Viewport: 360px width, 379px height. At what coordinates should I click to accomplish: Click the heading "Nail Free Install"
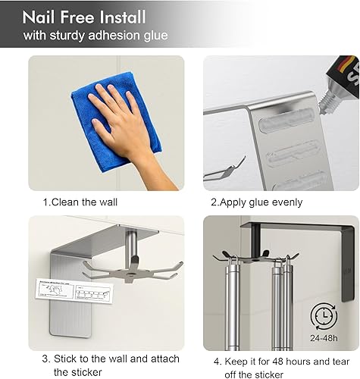click(84, 17)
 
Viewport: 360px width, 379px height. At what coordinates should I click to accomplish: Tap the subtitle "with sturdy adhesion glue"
click(95, 36)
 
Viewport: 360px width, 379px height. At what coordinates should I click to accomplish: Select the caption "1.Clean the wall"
click(80, 202)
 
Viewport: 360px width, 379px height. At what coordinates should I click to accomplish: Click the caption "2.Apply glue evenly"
click(256, 202)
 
